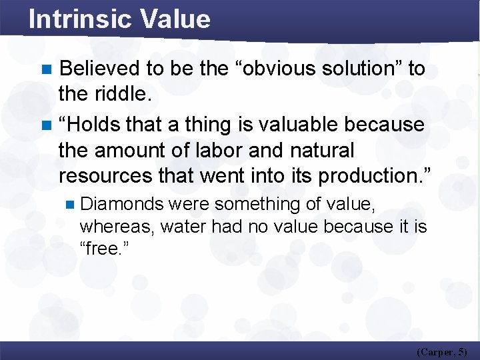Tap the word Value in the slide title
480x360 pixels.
click(x=175, y=19)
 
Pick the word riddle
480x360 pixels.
click(x=125, y=95)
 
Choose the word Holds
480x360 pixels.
click(x=96, y=124)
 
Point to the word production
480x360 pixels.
click(x=375, y=176)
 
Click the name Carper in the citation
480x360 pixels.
click(x=437, y=351)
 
